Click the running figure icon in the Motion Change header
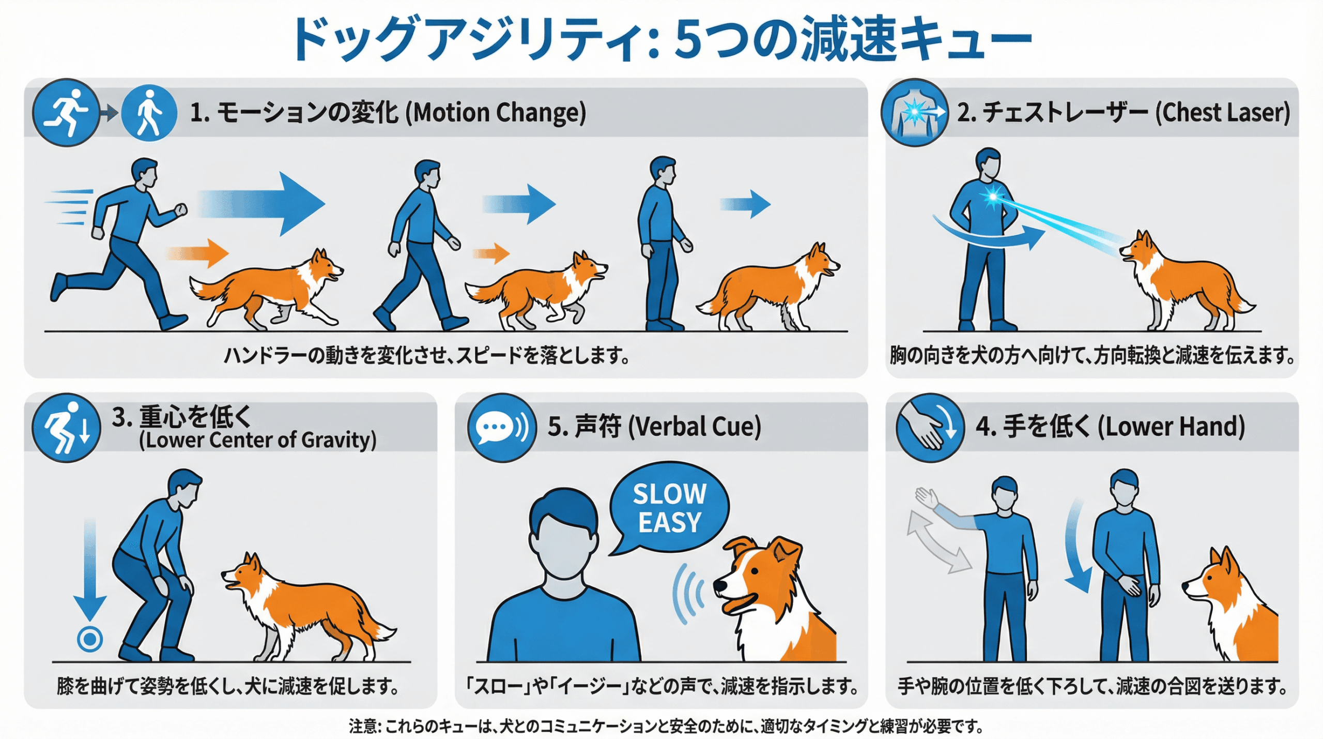coord(66,113)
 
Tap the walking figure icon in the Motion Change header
coord(149,113)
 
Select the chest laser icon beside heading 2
coord(915,112)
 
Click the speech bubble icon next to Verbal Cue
coord(501,428)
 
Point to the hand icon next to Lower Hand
coord(930,428)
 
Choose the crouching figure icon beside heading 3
coord(66,428)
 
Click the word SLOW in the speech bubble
coord(670,494)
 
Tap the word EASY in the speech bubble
coord(670,522)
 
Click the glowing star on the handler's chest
coord(992,197)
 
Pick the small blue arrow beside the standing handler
coord(745,204)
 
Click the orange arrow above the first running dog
coord(197,253)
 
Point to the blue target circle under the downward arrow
coord(90,639)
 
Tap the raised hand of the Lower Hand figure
coord(927,498)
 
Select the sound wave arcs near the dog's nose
coord(689,593)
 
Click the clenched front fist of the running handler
coord(180,210)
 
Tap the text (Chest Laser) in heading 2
coord(1222,113)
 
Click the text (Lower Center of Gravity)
coord(257,440)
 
